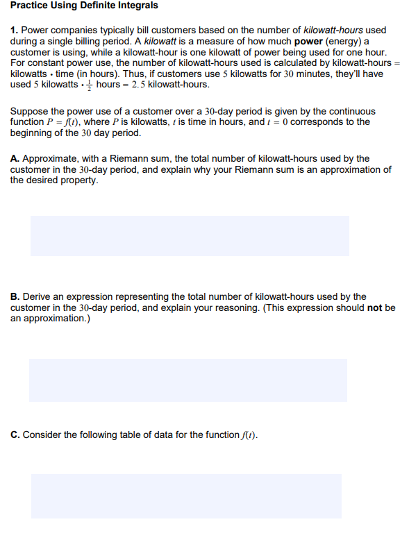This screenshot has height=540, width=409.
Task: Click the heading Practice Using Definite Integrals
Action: tap(84, 6)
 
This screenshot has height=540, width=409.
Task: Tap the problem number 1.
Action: tap(14, 31)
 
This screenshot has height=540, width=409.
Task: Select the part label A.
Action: tap(15, 159)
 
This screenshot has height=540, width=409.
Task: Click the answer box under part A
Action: tap(190, 235)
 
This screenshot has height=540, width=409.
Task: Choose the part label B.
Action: tap(15, 297)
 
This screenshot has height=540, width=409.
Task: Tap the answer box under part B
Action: tap(188, 380)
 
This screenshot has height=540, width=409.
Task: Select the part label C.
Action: tap(15, 435)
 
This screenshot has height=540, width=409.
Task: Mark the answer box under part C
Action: tap(186, 496)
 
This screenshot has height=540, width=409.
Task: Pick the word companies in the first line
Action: tap(71, 31)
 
